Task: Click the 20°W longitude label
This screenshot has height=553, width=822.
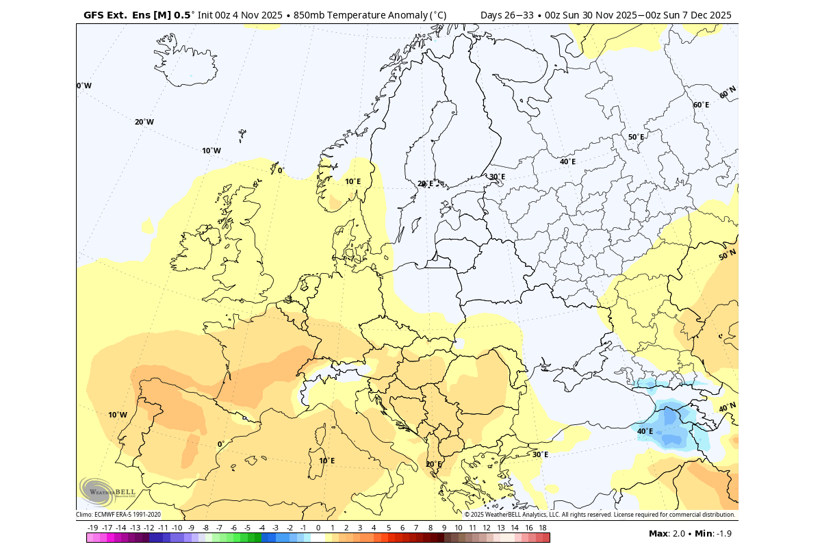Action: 144,122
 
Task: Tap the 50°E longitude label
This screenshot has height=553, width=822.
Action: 636,137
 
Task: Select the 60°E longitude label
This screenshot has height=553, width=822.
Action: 701,105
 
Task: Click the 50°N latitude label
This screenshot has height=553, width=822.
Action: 727,255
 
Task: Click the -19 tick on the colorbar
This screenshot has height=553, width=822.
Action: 93,528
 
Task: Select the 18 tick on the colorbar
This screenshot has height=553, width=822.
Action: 542,528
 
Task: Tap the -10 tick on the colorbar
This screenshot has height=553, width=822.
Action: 177,528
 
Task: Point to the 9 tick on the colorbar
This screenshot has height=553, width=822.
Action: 444,528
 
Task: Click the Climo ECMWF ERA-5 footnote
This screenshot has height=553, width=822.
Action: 118,515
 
